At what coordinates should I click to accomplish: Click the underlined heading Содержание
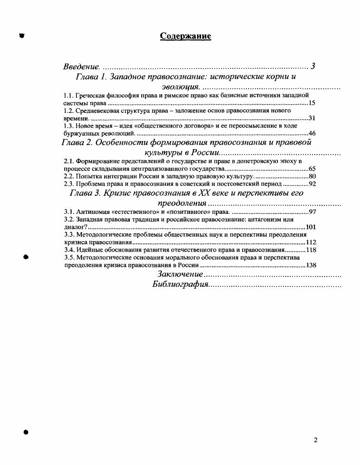pos(186,36)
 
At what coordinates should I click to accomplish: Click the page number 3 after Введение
pos(312,67)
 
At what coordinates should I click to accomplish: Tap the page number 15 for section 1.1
pos(312,103)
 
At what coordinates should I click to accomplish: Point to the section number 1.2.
pos(68,111)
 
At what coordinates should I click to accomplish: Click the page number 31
pos(312,118)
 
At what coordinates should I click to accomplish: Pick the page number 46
pos(312,133)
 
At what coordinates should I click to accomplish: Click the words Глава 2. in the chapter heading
pos(77,142)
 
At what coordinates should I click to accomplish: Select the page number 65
pos(312,169)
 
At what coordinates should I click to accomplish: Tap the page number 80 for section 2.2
pos(312,176)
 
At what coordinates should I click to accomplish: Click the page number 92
pos(312,184)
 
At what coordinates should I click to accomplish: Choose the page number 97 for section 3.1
pos(312,212)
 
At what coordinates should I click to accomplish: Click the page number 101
pos(311,227)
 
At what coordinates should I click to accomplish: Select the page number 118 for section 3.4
pos(311,250)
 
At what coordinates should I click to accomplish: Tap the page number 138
pos(311,265)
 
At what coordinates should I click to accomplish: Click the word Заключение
pos(180,274)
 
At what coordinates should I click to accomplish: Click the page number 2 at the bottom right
pos(316,440)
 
